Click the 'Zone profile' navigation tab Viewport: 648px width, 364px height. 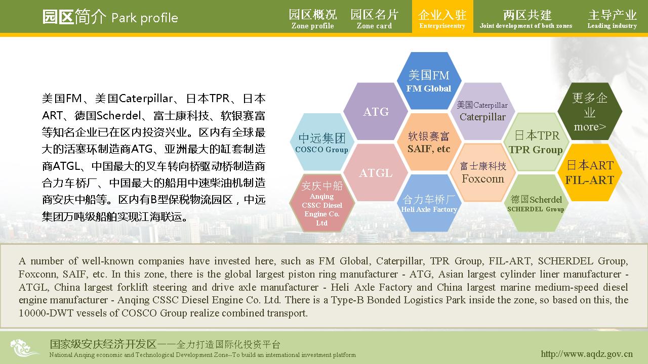[313, 19]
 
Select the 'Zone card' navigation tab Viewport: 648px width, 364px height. [374, 19]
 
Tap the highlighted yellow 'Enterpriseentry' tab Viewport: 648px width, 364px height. [442, 17]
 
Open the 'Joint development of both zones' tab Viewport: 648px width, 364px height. [526, 19]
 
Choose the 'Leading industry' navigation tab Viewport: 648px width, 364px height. [612, 19]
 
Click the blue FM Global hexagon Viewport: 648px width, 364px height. [429, 81]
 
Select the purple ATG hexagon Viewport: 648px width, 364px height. [376, 112]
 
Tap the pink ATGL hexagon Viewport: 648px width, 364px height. [376, 173]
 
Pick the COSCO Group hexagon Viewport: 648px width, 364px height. [321, 142]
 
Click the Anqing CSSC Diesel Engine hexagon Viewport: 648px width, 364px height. [321, 203]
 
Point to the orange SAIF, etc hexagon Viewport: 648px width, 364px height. [429, 142]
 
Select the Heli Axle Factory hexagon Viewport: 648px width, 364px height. [429, 203]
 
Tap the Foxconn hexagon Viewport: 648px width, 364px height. [483, 173]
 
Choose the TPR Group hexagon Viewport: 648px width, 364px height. [536, 142]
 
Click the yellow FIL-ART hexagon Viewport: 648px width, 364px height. [590, 173]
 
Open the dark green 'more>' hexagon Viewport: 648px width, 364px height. [590, 112]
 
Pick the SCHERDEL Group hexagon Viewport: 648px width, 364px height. [536, 203]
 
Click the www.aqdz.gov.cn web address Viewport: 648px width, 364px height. [587, 353]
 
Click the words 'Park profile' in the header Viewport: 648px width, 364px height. [145, 18]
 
